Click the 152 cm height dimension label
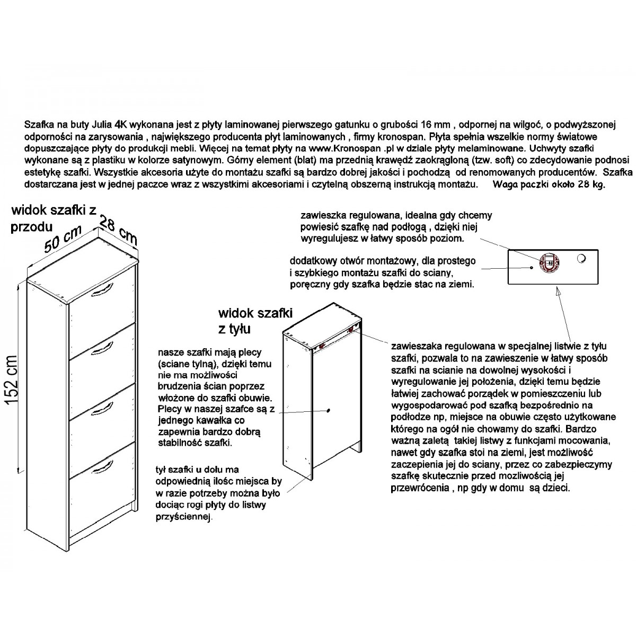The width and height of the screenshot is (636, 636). point(12,380)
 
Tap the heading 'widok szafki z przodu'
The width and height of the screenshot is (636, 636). point(54,218)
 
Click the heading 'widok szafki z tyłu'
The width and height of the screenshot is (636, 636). point(255,321)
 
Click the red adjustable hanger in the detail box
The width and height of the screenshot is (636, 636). point(549,263)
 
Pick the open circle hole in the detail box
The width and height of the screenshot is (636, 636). point(581,259)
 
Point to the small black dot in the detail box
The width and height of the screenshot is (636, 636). point(532,267)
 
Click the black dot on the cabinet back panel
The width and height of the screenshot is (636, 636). point(329,410)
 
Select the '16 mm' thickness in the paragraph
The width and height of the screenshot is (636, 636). point(432,125)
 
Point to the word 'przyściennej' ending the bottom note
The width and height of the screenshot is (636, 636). point(184,517)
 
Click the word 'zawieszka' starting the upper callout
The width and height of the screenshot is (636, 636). point(322,215)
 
